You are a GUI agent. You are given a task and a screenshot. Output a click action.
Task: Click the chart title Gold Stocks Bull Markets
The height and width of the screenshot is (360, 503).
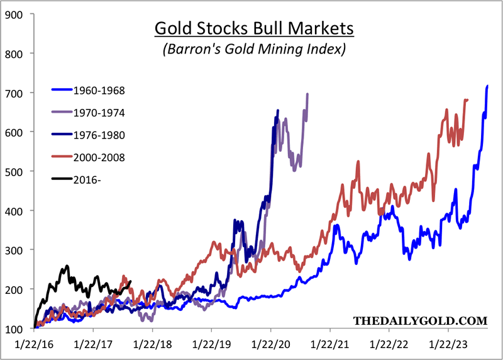(255, 28)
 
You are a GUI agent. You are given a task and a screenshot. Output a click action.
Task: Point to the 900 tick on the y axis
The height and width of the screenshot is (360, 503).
(13, 14)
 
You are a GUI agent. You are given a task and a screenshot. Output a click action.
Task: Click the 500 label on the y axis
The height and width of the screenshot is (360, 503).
(13, 172)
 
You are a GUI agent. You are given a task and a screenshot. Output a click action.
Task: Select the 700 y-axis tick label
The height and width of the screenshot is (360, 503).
(13, 93)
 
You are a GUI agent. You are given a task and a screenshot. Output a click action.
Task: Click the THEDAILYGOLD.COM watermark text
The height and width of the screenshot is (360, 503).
(420, 321)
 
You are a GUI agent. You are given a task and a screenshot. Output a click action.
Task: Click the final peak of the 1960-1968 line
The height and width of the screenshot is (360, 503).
(487, 86)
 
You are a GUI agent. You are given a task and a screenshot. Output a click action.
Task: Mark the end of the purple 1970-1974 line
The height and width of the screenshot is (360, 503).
(307, 94)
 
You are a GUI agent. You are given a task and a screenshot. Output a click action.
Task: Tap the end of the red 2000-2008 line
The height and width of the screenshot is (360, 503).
(467, 99)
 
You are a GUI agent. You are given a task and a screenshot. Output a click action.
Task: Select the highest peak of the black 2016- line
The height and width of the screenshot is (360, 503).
(67, 266)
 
